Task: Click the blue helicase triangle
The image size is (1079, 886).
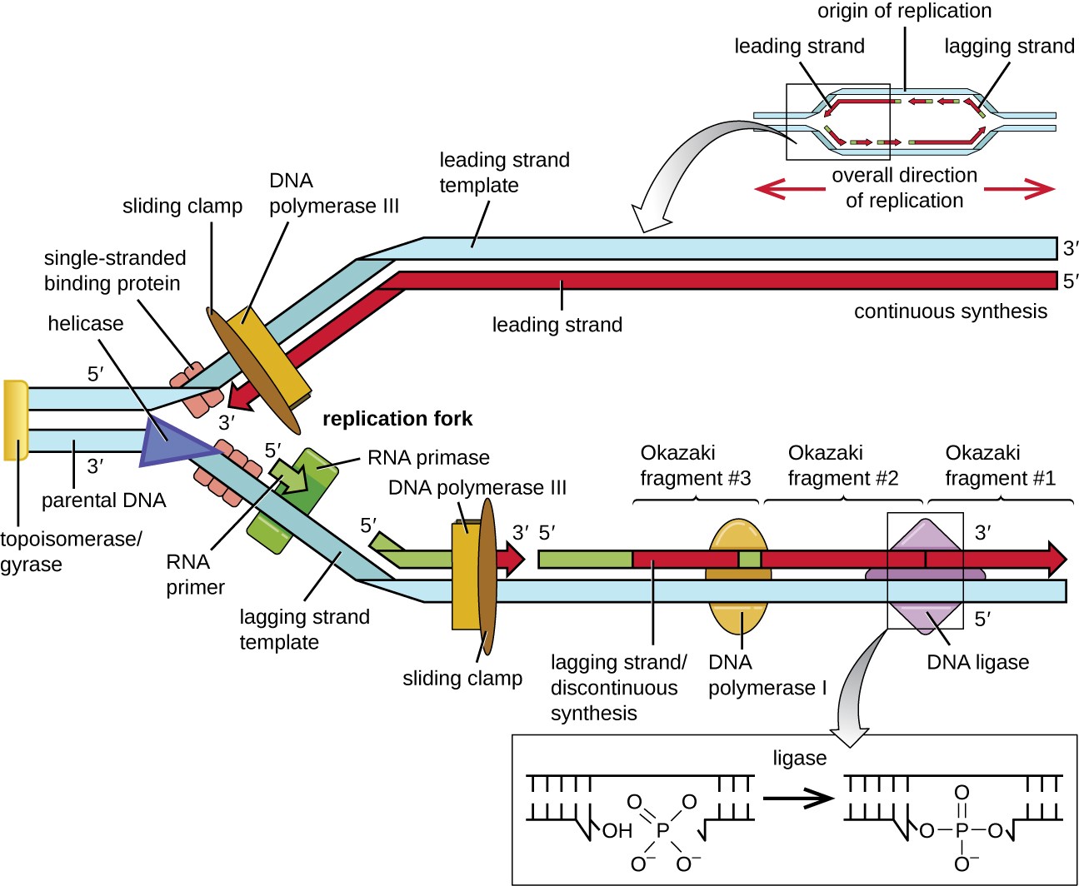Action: (x=171, y=441)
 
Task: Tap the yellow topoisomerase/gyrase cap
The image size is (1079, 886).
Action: (x=16, y=420)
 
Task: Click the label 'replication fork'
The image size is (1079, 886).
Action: (x=397, y=419)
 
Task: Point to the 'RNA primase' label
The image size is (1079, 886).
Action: (x=428, y=458)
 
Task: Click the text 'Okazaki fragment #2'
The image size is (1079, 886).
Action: (x=842, y=465)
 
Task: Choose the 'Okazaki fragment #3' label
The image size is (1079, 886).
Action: (x=695, y=465)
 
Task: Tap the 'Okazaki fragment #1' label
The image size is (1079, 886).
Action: (x=1000, y=465)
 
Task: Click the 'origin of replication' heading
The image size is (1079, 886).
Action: (x=904, y=11)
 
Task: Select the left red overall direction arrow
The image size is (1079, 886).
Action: (x=787, y=190)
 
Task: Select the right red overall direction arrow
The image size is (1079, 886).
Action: (x=1021, y=190)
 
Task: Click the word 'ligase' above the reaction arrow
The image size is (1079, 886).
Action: (x=799, y=758)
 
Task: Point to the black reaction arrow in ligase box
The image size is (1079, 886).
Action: (x=797, y=799)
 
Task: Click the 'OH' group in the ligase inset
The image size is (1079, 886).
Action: (x=617, y=831)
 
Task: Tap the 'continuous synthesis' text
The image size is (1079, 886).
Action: (x=950, y=311)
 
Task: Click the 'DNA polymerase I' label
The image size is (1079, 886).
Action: (x=767, y=675)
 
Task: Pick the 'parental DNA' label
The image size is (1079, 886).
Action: (x=103, y=500)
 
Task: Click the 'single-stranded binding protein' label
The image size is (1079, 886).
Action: (x=114, y=271)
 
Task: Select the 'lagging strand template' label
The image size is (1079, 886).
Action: (x=304, y=630)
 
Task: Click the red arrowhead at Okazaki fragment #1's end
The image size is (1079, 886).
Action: (x=1056, y=559)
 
